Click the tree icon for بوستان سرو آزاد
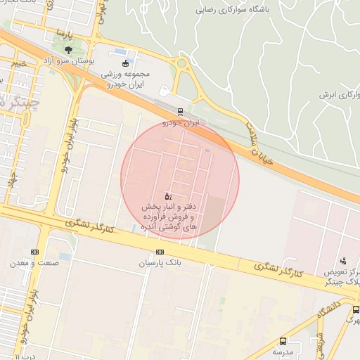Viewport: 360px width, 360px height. [x=68, y=49]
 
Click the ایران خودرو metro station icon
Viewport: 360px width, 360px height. [x=181, y=111]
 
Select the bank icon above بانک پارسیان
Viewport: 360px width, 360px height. [x=160, y=252]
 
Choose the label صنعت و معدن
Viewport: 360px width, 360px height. [x=32, y=263]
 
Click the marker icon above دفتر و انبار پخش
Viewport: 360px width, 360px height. [x=167, y=195]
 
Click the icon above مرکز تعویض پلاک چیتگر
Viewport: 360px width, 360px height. [x=342, y=260]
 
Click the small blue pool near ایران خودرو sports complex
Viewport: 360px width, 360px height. [x=120, y=53]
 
